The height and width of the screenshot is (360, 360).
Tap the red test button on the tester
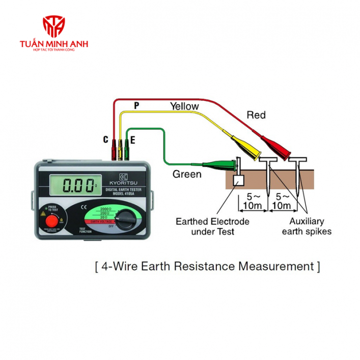click(52, 221)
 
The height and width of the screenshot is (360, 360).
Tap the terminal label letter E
click(133, 139)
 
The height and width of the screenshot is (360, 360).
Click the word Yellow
click(184, 106)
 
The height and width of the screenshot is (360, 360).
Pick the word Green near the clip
click(187, 174)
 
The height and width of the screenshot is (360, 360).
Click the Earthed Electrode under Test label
click(212, 227)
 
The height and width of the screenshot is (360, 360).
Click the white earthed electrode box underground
click(238, 180)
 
